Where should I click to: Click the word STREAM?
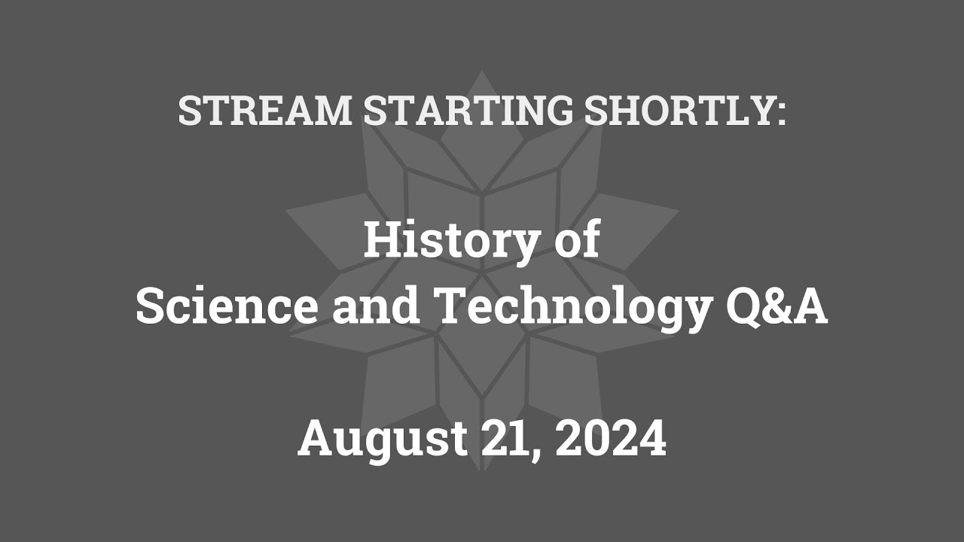(x=265, y=111)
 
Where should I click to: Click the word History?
(x=450, y=242)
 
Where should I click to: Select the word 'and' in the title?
(x=376, y=307)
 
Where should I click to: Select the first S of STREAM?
(x=190, y=111)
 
